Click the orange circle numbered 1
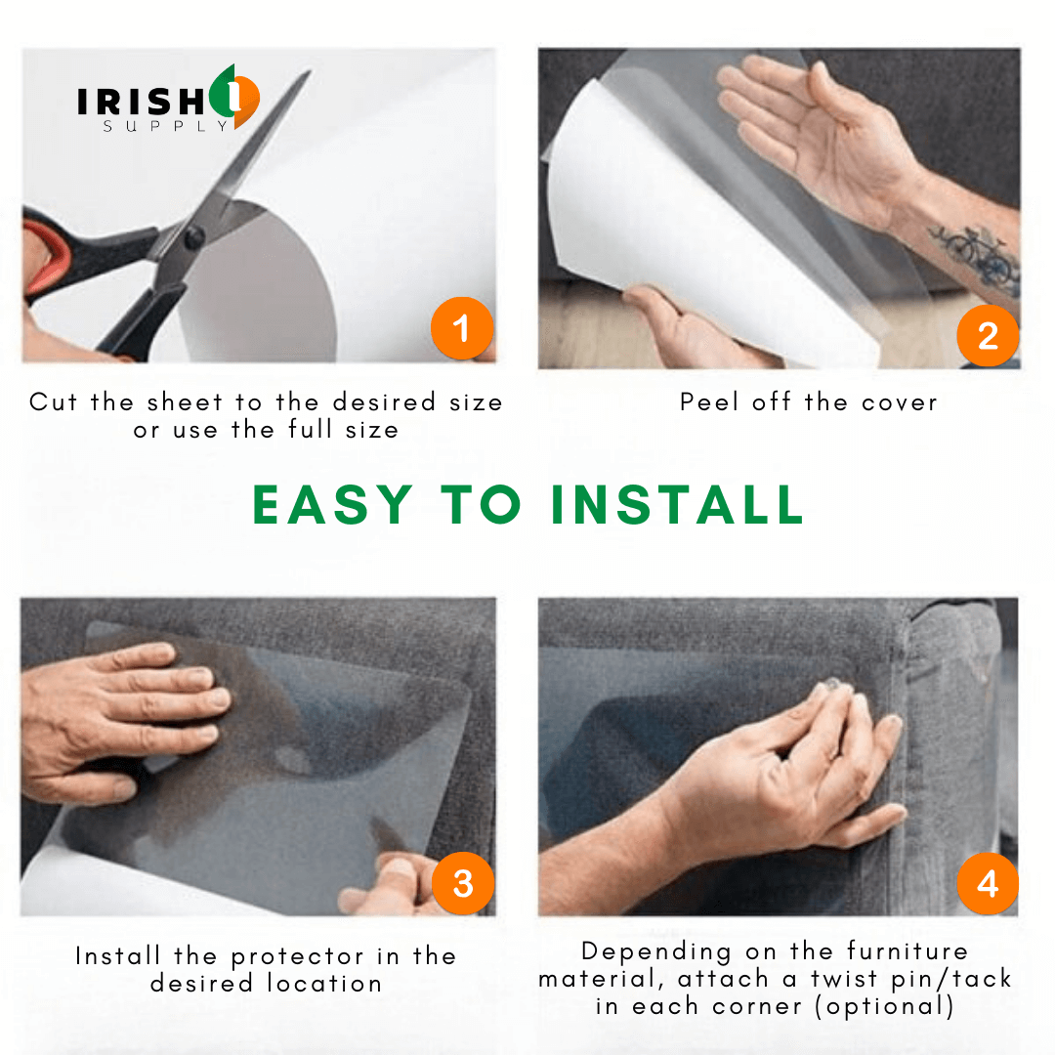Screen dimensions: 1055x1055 pos(462,328)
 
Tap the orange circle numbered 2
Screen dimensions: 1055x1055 pos(988,335)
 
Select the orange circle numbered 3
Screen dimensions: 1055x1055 pos(463,883)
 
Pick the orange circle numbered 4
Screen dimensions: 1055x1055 pos(988,883)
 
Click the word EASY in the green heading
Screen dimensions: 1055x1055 pos(332,505)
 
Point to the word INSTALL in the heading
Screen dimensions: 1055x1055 pos(678,505)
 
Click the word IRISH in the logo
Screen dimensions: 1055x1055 pos(141,103)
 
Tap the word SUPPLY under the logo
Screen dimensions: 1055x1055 pos(165,126)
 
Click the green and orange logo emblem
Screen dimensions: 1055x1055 pos(234,96)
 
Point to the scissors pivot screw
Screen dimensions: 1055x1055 pos(194,236)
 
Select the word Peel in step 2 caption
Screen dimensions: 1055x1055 pos(709,401)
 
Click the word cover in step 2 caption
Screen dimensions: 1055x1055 pos(900,402)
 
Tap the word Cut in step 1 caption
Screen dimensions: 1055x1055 pos(53,401)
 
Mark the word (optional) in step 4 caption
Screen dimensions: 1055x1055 pos(885,1006)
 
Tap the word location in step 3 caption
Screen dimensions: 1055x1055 pos(324,984)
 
